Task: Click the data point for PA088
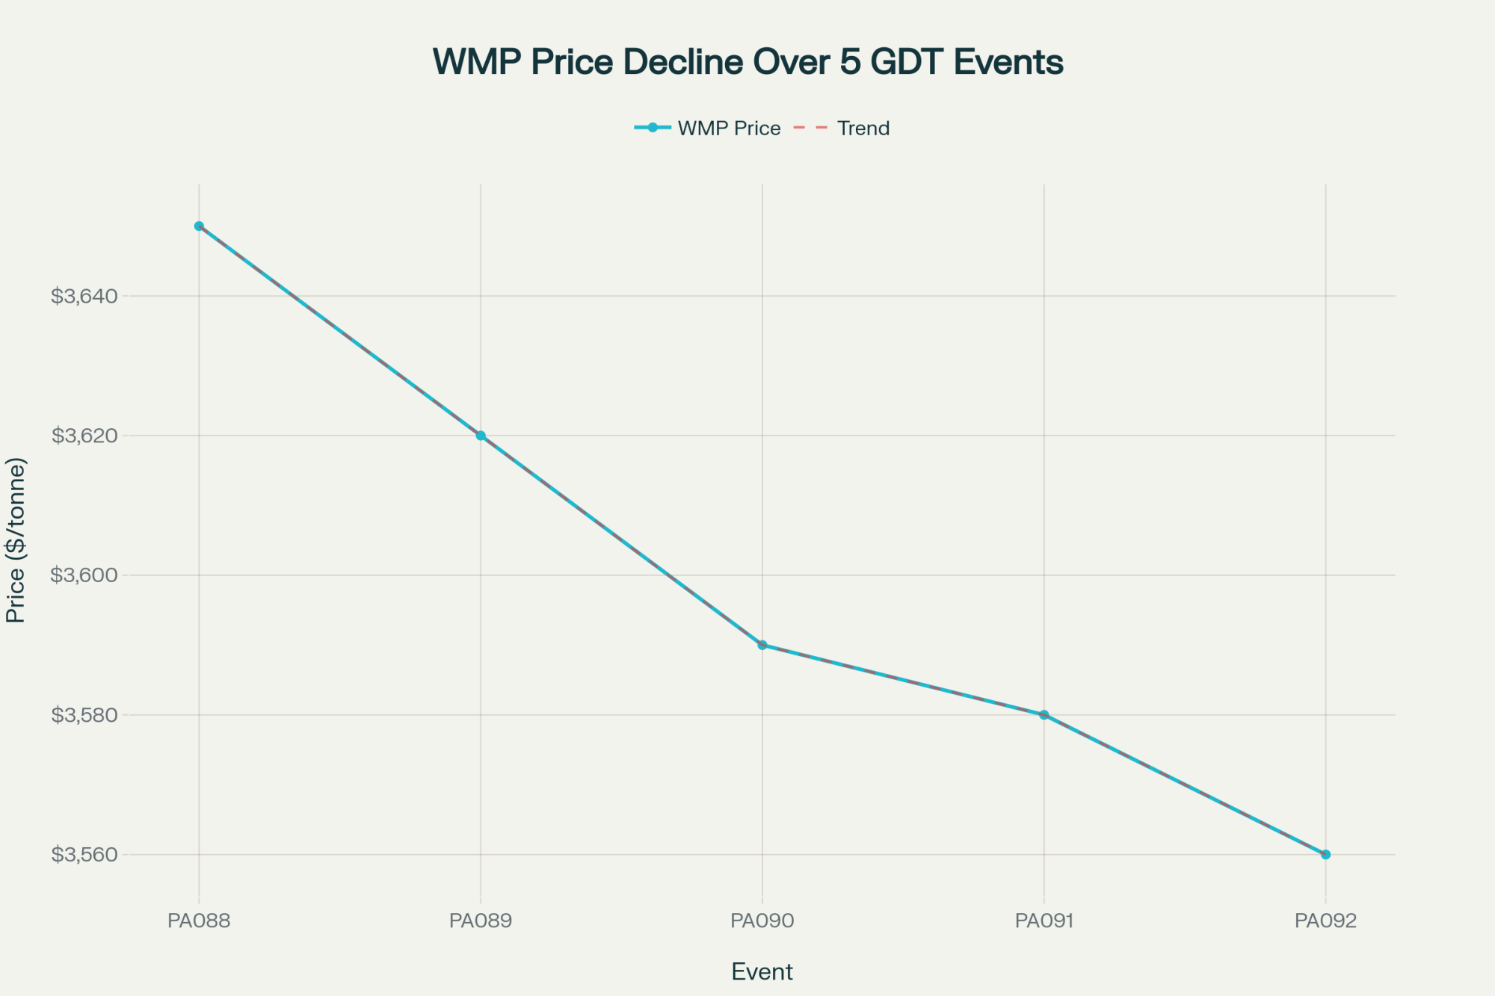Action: pyautogui.click(x=199, y=226)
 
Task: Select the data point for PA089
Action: pyautogui.click(x=481, y=436)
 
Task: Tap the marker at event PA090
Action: pyautogui.click(x=762, y=645)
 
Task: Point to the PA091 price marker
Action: pyautogui.click(x=1044, y=714)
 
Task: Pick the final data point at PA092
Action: pyautogui.click(x=1325, y=854)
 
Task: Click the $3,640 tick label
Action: pyautogui.click(x=84, y=297)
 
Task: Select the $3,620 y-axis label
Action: pyautogui.click(x=84, y=436)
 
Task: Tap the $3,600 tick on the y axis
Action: pyautogui.click(x=84, y=575)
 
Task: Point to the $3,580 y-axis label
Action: pyautogui.click(x=84, y=715)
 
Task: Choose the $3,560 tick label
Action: pyautogui.click(x=84, y=855)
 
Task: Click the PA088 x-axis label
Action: pyautogui.click(x=199, y=921)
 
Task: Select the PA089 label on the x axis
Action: pyautogui.click(x=481, y=921)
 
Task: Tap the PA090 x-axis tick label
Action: pyautogui.click(x=762, y=921)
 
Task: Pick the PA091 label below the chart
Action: pyautogui.click(x=1044, y=921)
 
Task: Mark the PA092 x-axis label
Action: pyautogui.click(x=1325, y=921)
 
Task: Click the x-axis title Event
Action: pyautogui.click(x=762, y=972)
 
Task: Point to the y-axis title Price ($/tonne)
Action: pyautogui.click(x=16, y=540)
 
